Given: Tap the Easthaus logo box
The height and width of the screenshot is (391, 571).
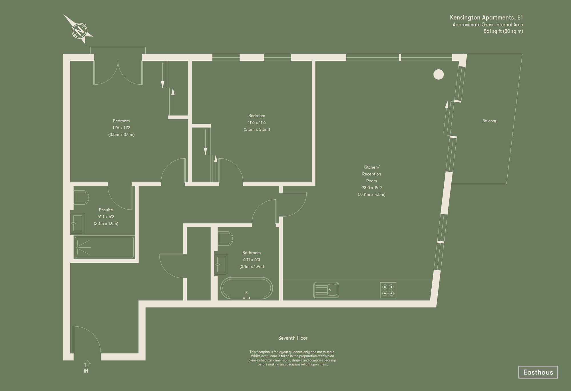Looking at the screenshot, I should [538, 372].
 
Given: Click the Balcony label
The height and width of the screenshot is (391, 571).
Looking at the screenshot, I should [490, 121].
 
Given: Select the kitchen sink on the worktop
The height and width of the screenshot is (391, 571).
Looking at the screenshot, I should [326, 290].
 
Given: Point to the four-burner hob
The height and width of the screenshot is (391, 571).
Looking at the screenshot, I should [388, 290].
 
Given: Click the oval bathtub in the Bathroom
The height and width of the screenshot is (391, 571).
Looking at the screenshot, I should [246, 289].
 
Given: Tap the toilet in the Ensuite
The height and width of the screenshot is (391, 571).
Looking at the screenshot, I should [81, 198].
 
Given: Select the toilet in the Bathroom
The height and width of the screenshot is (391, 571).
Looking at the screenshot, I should [225, 238].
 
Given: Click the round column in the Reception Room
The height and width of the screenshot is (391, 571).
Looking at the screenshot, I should [439, 74].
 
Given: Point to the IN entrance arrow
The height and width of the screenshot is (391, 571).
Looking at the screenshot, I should [87, 364].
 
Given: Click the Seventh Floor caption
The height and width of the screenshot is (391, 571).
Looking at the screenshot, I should [293, 338].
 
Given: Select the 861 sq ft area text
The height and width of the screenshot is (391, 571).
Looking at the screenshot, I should [503, 31].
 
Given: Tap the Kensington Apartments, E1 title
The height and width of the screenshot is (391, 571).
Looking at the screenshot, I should [486, 18].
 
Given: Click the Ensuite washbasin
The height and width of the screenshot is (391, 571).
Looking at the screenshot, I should [77, 223].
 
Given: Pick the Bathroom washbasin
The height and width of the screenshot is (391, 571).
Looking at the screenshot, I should [221, 264].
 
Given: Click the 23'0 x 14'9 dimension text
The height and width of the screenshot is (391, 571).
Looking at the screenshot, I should [371, 188].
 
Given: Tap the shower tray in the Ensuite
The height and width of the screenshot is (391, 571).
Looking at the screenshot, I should [104, 247].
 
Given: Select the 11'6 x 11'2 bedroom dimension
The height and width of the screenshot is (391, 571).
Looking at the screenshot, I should [121, 128].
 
